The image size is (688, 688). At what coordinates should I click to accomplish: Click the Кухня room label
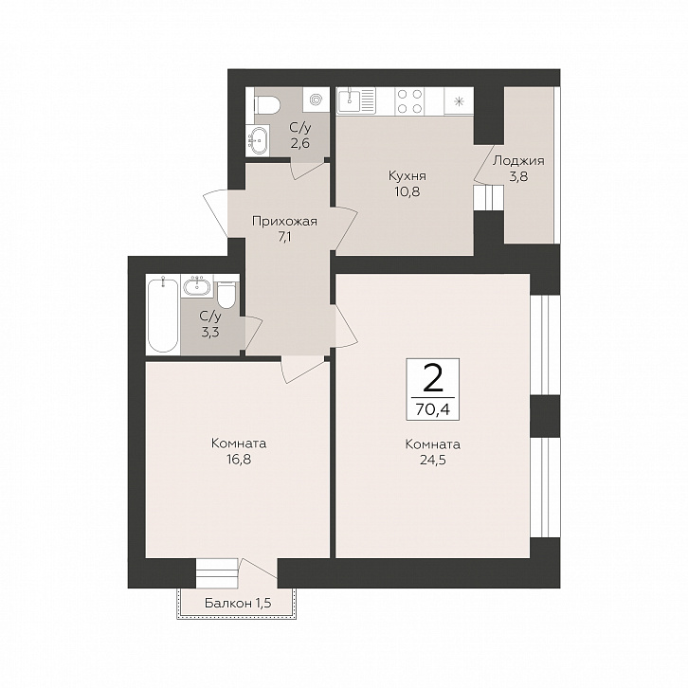pyautogui.click(x=407, y=176)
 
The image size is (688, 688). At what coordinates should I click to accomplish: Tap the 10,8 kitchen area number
pyautogui.click(x=407, y=191)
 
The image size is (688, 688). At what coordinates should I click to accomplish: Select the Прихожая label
pyautogui.click(x=284, y=222)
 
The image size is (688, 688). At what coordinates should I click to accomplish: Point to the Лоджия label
pyautogui.click(x=518, y=161)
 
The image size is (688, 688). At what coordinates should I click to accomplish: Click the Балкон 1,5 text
pyautogui.click(x=238, y=604)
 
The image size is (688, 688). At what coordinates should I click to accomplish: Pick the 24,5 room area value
pyautogui.click(x=433, y=461)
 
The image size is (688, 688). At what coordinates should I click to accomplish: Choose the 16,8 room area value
pyautogui.click(x=239, y=459)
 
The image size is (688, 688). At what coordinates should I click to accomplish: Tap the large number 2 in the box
pyautogui.click(x=433, y=380)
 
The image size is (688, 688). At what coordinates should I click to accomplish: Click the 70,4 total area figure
pyautogui.click(x=433, y=409)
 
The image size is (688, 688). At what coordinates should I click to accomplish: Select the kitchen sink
pyautogui.click(x=356, y=100)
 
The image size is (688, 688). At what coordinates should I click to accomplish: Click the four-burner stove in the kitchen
pyautogui.click(x=409, y=101)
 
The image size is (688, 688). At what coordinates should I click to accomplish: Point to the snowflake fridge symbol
pyautogui.click(x=459, y=101)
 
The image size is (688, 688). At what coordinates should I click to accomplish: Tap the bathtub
pyautogui.click(x=163, y=316)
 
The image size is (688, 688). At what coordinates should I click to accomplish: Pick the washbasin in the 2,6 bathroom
pyautogui.click(x=257, y=140)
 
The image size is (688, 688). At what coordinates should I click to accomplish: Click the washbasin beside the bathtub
pyautogui.click(x=197, y=286)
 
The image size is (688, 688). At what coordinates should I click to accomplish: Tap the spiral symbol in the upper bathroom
pyautogui.click(x=316, y=100)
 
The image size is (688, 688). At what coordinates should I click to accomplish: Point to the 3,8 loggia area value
pyautogui.click(x=518, y=177)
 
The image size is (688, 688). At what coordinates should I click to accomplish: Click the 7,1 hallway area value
pyautogui.click(x=284, y=237)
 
